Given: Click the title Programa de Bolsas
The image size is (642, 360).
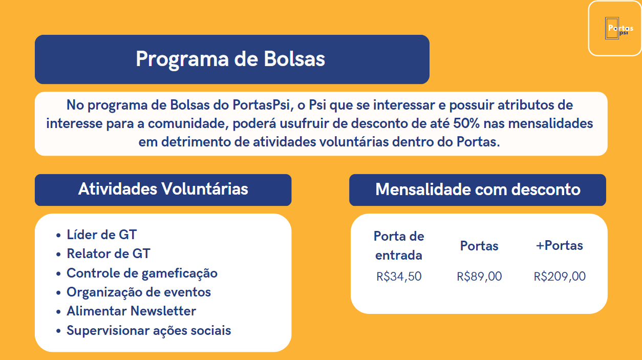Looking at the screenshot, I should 230,59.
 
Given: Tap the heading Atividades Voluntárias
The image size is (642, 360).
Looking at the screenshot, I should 163,189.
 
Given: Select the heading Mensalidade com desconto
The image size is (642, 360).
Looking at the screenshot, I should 478,189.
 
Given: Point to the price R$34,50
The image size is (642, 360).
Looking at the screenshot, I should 399,277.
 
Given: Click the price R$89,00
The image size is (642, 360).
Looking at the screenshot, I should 479,277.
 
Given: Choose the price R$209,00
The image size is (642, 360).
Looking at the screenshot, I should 560,277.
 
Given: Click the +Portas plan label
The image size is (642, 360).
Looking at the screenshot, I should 559,245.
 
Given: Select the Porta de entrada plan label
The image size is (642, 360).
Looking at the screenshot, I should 399,245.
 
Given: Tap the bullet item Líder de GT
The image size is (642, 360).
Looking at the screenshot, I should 102,235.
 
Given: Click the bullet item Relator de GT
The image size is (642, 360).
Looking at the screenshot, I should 109,253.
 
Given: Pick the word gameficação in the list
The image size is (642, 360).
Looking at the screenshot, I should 179,273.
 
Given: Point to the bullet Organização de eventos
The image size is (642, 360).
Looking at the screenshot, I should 139,292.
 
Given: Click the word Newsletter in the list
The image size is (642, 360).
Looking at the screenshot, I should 163,311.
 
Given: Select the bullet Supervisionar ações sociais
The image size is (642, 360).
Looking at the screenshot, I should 148,330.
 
